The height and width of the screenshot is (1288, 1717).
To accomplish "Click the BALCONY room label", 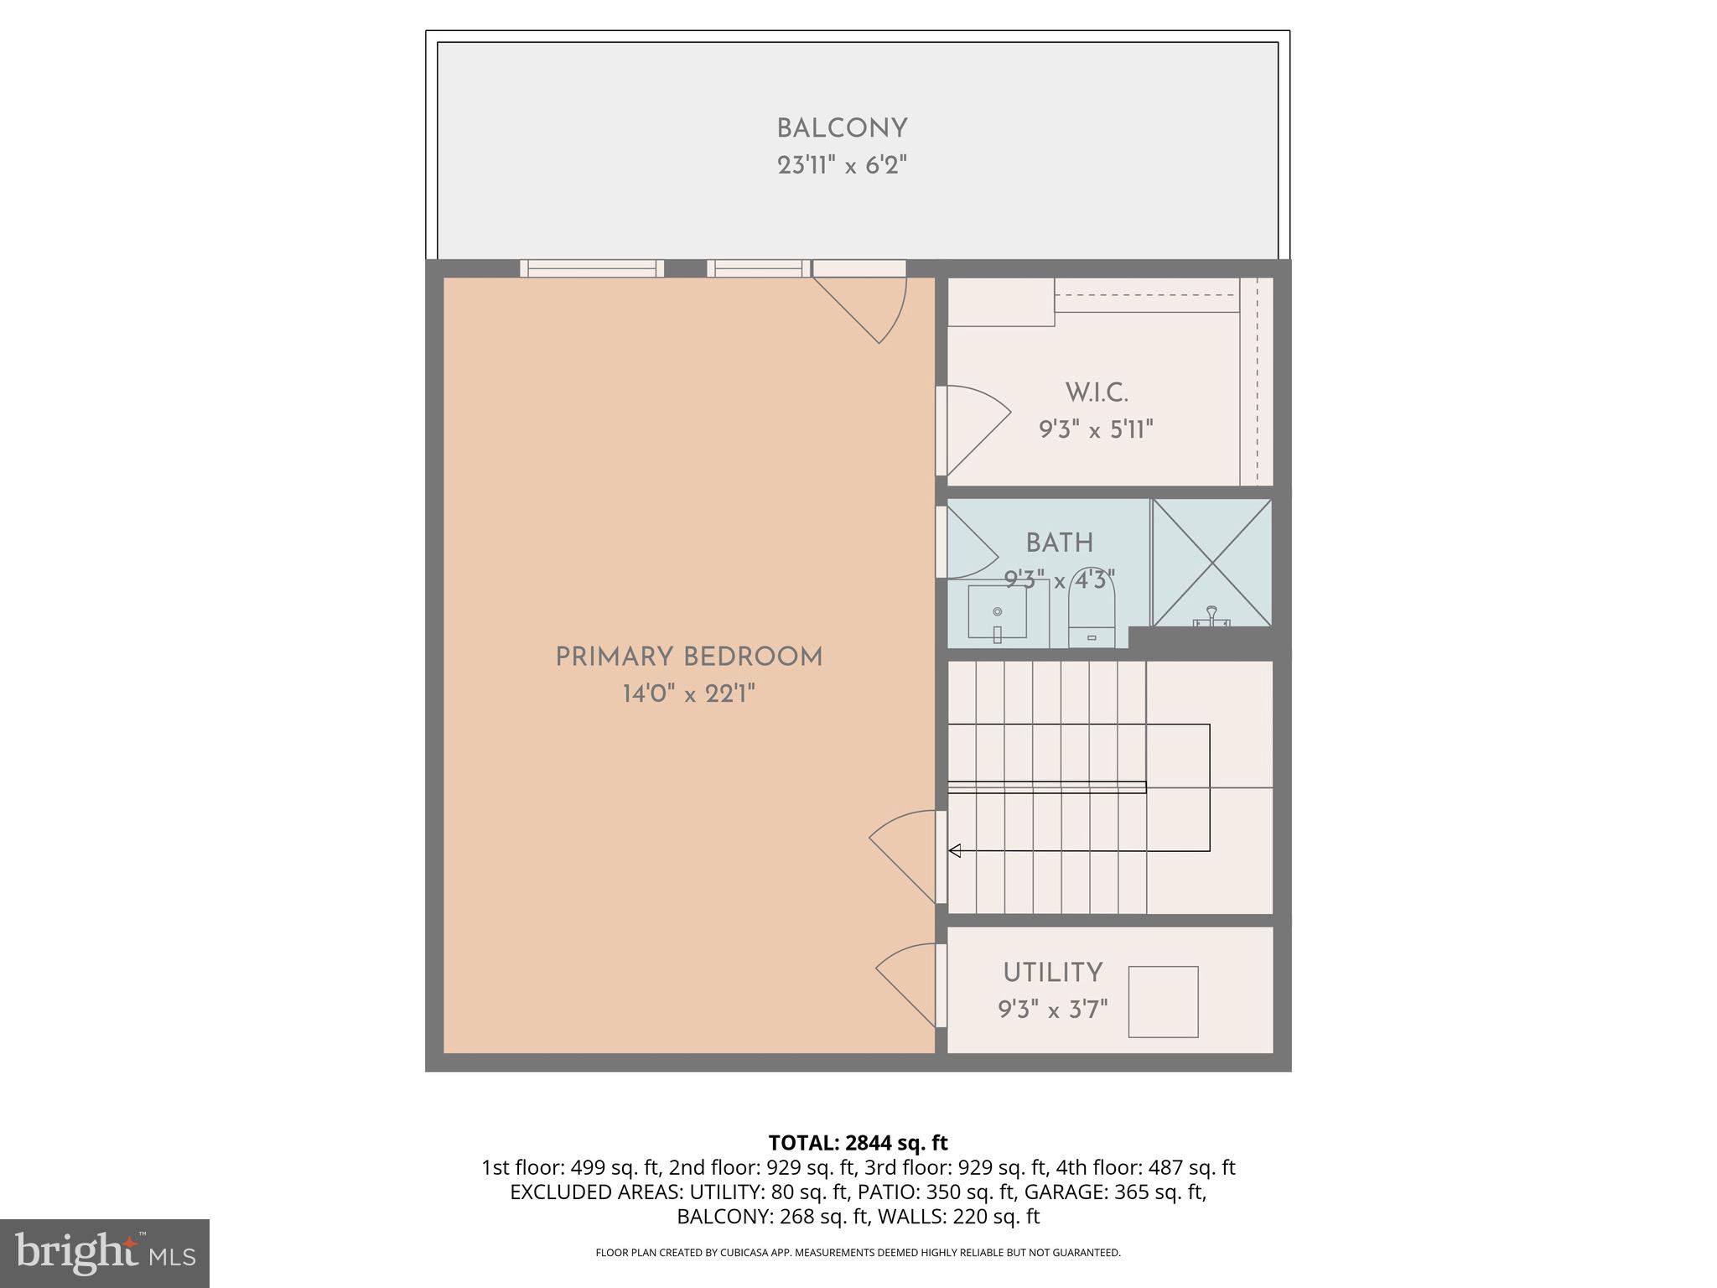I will [842, 129].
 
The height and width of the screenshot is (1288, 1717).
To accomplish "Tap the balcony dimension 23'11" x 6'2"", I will [842, 165].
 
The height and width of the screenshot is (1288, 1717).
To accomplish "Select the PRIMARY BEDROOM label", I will [689, 657].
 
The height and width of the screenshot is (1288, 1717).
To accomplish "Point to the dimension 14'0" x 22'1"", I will [689, 694].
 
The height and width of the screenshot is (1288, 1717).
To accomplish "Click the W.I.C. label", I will [1097, 392].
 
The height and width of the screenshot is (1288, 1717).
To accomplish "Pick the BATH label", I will [1060, 543].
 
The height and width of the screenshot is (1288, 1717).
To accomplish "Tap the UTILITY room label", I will [1052, 973].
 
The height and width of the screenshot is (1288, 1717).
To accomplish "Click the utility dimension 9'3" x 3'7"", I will [1052, 1009].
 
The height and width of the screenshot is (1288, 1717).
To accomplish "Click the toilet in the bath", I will [1092, 617].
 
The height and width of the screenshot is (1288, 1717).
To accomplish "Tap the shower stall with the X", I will [1211, 562].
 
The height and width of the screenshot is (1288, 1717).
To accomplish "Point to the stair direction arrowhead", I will [954, 851].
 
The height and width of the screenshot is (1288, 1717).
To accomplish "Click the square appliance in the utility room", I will [1163, 1001].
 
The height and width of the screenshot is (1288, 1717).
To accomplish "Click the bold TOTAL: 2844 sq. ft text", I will [858, 1143].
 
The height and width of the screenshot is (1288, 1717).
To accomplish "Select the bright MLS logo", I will [104, 1253].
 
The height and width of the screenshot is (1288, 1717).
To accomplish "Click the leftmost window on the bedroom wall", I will [592, 268].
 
